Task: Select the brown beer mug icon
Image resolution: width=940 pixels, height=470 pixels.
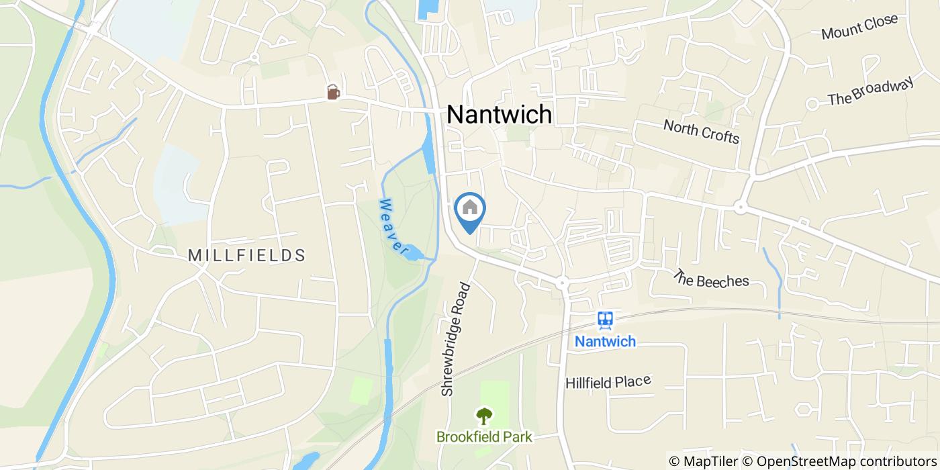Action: [x=332, y=92]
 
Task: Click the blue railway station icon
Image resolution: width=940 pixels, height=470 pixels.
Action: [x=605, y=320]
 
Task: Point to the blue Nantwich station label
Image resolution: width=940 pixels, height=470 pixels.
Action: [x=604, y=342]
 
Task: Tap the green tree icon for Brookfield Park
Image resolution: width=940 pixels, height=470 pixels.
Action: [x=483, y=415]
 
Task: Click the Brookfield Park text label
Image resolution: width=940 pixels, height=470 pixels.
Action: [x=483, y=437]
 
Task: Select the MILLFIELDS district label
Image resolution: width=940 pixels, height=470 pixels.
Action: [x=246, y=255]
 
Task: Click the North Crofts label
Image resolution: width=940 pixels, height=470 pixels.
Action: [x=701, y=131]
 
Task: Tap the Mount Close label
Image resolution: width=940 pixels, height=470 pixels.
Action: [x=859, y=26]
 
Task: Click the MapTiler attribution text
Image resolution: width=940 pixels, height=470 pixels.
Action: [x=704, y=461]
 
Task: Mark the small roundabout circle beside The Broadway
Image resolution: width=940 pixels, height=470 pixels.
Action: [x=812, y=104]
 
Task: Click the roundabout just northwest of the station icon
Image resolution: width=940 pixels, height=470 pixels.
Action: [x=562, y=282]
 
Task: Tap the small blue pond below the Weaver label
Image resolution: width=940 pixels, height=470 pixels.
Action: [x=412, y=253]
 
